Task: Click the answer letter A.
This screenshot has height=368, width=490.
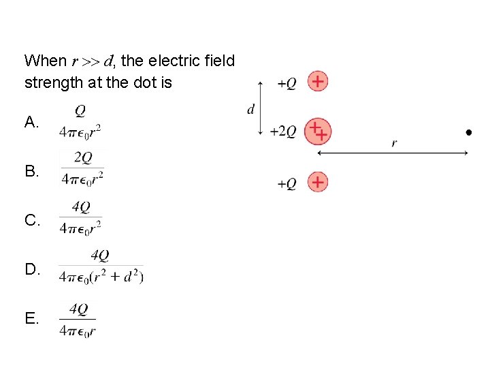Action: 31,122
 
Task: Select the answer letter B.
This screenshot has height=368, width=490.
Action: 31,171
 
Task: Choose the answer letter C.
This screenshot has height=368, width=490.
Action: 31,220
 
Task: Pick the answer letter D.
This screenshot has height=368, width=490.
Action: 31,269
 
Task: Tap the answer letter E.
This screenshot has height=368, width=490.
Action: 31,318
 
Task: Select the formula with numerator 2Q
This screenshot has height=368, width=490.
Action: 82,168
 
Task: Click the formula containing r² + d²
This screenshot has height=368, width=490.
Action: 101,266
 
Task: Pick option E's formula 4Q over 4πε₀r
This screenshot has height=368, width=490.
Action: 78,320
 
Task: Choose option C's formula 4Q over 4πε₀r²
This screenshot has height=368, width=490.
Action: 80,218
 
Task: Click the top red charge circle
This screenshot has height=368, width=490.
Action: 317,82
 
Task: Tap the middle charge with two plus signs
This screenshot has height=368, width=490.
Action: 317,131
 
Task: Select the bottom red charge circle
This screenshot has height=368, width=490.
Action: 317,182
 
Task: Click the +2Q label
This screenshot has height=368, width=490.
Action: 283,132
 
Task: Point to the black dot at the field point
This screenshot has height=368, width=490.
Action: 469,132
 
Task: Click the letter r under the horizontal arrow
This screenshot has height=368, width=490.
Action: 394,143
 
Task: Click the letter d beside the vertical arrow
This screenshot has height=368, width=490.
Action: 250,108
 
